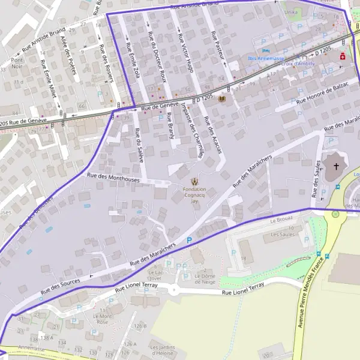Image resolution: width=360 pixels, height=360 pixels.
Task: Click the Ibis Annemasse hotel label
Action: [x=266, y=58]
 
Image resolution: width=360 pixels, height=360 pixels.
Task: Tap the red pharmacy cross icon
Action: [x=342, y=56]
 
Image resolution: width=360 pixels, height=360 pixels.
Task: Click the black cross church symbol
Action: [x=336, y=165]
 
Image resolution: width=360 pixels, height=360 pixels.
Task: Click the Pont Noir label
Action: [x=17, y=64]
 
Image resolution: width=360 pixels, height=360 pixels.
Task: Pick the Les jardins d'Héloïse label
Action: [x=163, y=350]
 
